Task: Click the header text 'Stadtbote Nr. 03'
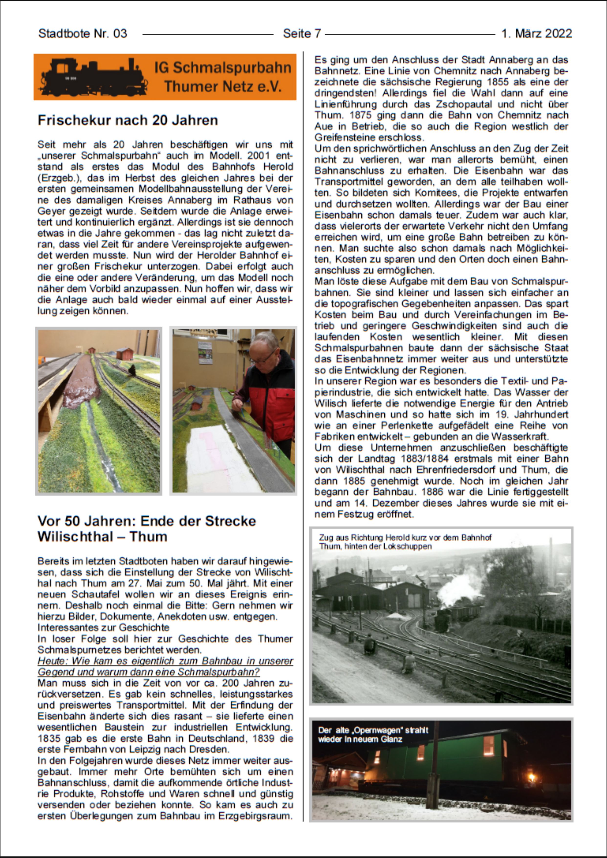pyautogui.click(x=83, y=34)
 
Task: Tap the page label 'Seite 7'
pyautogui.click(x=302, y=34)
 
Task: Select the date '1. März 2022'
pyautogui.click(x=536, y=34)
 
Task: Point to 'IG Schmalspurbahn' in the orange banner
pyautogui.click(x=223, y=68)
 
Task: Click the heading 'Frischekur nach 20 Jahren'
pyautogui.click(x=128, y=120)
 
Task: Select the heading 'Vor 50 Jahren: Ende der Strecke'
pyautogui.click(x=147, y=521)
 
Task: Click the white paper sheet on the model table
pyautogui.click(x=217, y=460)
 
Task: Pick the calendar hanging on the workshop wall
pyautogui.click(x=205, y=352)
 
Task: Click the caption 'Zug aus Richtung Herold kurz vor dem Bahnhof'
pyautogui.click(x=405, y=538)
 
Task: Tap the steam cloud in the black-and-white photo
pyautogui.click(x=458, y=588)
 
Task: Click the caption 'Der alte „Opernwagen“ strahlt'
pyautogui.click(x=373, y=730)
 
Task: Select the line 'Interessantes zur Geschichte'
pyautogui.click(x=103, y=627)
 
